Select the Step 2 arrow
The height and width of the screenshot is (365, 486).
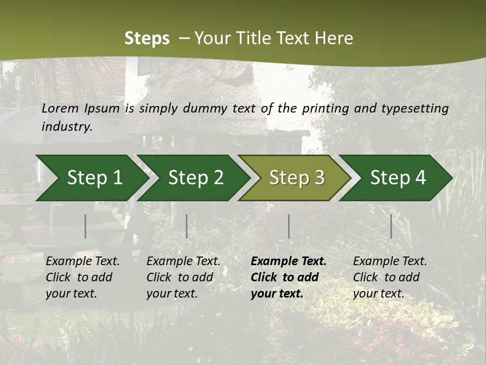pos(192,178)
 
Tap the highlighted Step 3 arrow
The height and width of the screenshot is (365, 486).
pos(295,178)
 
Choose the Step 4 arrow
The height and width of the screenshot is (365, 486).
pos(396,178)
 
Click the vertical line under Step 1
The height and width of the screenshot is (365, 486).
pos(86,226)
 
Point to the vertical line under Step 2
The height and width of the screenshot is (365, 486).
pos(187,226)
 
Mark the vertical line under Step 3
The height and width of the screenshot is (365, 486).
pos(289,226)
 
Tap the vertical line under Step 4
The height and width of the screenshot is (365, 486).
pos(391,226)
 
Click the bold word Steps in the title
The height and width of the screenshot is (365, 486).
pos(147,39)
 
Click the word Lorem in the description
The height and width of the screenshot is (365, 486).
pos(60,108)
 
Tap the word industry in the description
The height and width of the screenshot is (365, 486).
pos(67,126)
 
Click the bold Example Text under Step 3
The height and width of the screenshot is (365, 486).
pos(289,262)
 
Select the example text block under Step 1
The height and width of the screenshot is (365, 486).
pos(83,277)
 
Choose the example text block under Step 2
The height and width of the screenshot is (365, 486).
pos(183,277)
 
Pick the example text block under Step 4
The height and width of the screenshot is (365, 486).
pos(390,277)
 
